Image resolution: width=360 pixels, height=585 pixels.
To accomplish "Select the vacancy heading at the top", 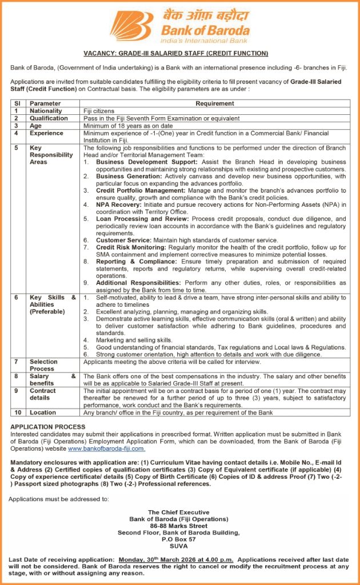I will [x=180, y=54].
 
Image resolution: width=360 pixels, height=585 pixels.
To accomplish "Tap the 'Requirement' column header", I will [x=214, y=103].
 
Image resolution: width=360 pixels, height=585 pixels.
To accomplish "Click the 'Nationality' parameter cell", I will [x=46, y=111].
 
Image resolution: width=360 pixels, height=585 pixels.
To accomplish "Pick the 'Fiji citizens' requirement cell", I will [x=99, y=111].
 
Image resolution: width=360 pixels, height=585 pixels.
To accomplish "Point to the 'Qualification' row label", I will [x=49, y=118].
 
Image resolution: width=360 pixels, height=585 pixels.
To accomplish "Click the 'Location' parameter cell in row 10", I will [x=43, y=412].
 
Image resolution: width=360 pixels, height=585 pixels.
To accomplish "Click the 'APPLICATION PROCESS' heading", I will [x=48, y=427].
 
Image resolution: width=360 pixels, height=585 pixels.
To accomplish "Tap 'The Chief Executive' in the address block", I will [x=178, y=512].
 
